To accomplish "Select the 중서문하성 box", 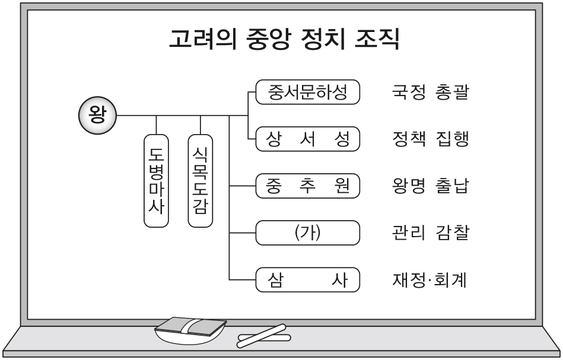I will (x=307, y=94).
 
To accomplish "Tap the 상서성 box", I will (x=307, y=140).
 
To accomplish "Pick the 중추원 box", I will (x=307, y=186).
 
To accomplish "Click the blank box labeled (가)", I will (x=307, y=232).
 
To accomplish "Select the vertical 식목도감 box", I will (x=201, y=180).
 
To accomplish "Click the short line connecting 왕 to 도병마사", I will (x=157, y=124).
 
